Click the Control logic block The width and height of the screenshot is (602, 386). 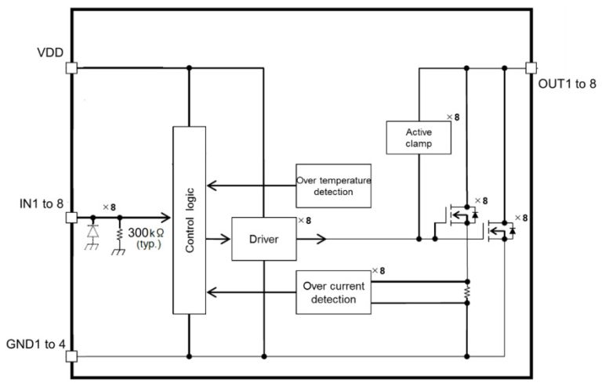[x=189, y=222]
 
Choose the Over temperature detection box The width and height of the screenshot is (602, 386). [x=333, y=186]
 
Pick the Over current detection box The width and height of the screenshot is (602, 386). [x=333, y=292]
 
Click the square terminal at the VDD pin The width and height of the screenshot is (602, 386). [x=71, y=67]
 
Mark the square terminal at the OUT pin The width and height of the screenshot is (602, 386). [x=530, y=67]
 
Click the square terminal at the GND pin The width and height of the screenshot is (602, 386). [x=71, y=356]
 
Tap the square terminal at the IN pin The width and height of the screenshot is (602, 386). [x=71, y=218]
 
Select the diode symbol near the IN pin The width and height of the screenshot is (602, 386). [x=94, y=231]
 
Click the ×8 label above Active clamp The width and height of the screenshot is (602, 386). [x=452, y=117]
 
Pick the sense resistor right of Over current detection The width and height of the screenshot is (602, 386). [x=467, y=290]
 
